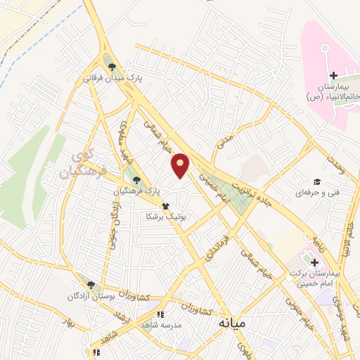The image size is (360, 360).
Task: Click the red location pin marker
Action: [181, 165]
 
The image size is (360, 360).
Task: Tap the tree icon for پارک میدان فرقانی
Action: [112, 67]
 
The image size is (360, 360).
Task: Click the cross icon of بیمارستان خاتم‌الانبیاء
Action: [333, 75]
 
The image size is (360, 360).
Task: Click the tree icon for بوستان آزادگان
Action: [91, 285]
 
